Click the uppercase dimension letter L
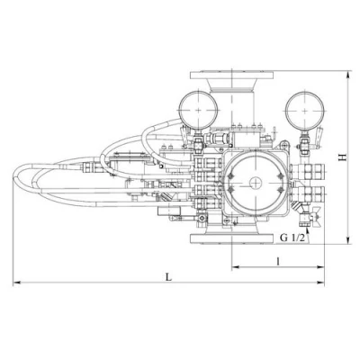[x=169, y=277]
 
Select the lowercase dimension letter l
[x=278, y=261]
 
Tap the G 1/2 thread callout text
[x=292, y=238]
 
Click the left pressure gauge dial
[x=198, y=110]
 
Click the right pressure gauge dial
[x=305, y=111]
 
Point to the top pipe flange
[x=232, y=75]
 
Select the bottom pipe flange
[x=232, y=238]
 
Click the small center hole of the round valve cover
[x=256, y=183]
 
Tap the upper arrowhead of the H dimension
[x=348, y=74]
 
